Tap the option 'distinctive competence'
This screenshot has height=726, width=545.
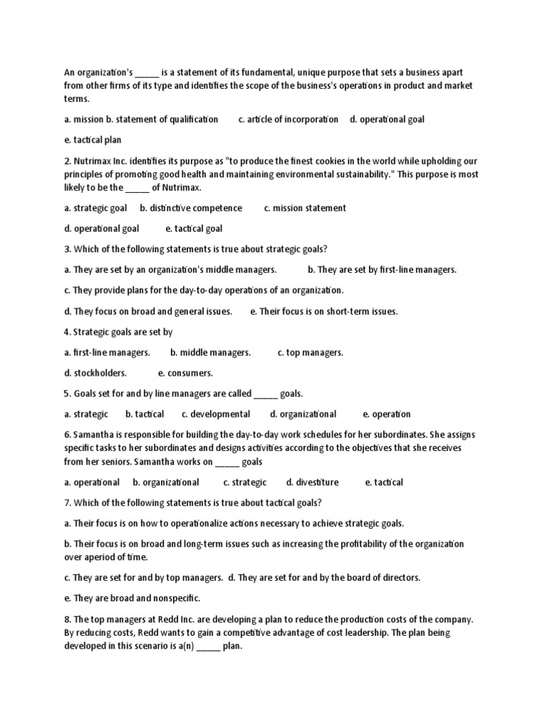191,208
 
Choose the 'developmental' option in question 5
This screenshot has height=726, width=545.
216,414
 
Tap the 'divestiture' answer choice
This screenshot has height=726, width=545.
312,482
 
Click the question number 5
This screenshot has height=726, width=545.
67,393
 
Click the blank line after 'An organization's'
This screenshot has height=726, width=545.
147,72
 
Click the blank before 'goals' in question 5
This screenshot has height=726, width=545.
265,393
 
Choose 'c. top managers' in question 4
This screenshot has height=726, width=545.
310,352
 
